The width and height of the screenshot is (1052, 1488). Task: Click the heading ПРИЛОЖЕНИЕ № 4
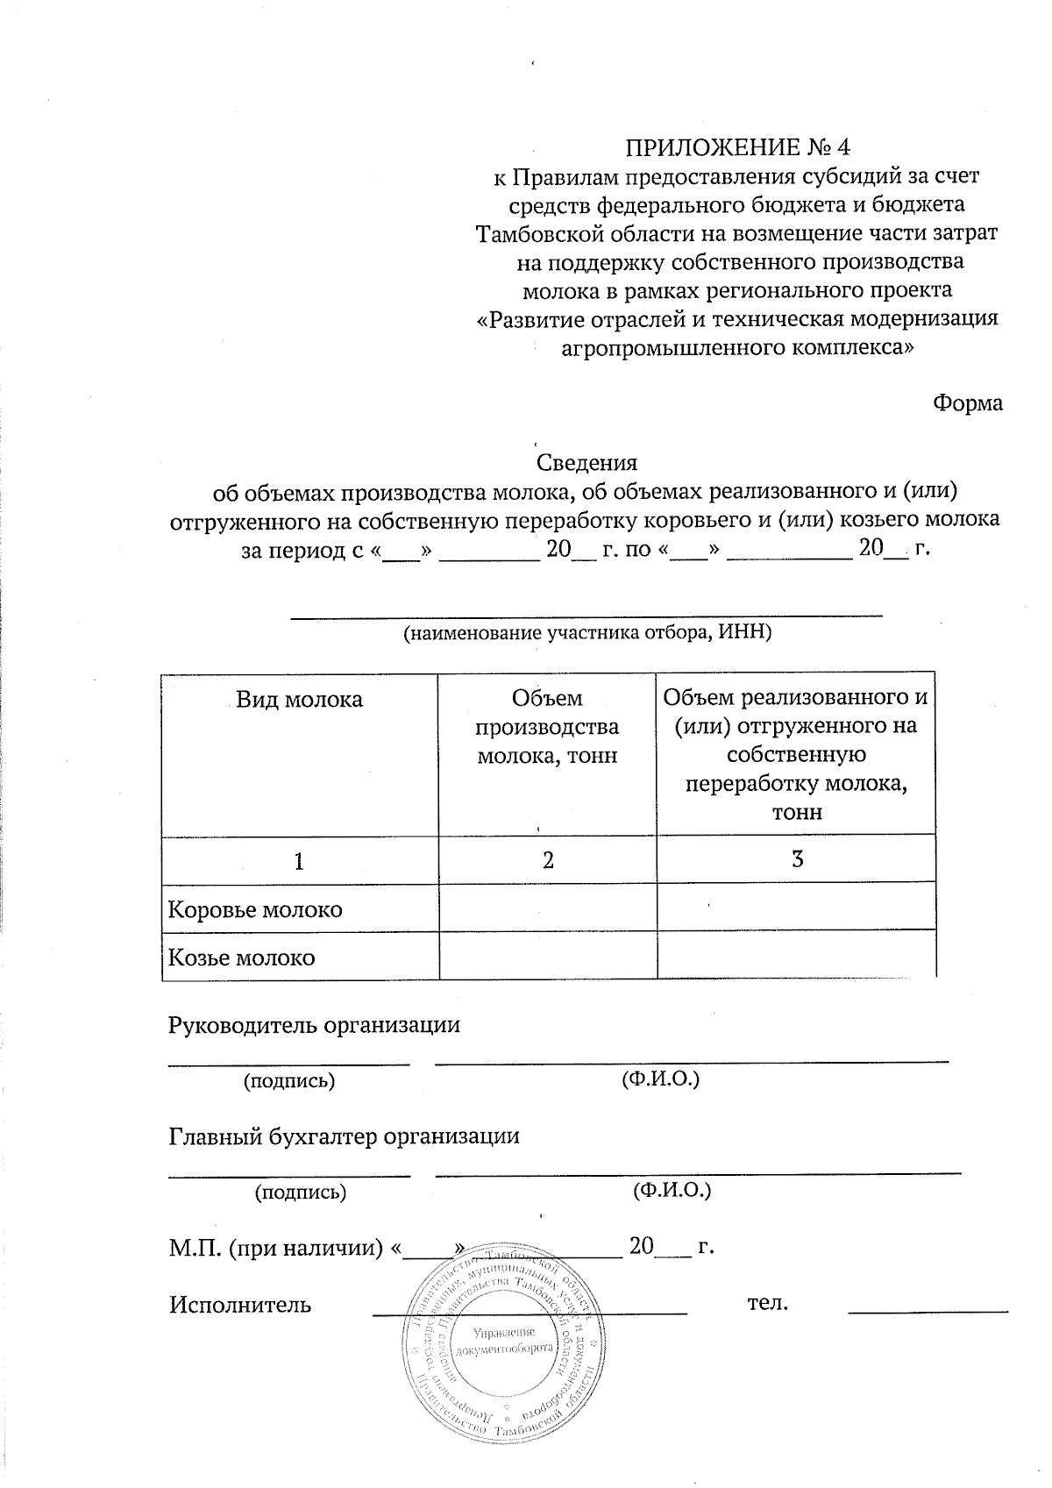pos(737,146)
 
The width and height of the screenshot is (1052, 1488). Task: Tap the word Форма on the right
pos(968,403)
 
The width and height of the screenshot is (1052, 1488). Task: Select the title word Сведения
pos(586,462)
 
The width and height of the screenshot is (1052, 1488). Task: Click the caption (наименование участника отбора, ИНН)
pos(586,633)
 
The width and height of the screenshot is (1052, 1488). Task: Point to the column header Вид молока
pos(300,700)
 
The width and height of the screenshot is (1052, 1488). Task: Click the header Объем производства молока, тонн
pos(547,726)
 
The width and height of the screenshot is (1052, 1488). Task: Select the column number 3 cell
pos(797,859)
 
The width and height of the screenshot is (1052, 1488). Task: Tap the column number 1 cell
pos(300,862)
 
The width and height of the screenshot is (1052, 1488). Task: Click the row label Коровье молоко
pos(255,909)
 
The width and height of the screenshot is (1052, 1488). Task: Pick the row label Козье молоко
pos(242,957)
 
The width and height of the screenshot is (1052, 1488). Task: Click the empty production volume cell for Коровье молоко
pos(547,908)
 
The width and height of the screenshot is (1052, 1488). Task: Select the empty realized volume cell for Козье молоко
pos(796,955)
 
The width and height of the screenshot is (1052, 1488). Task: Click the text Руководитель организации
pos(314,1025)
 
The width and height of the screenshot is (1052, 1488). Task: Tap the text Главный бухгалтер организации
pos(344,1136)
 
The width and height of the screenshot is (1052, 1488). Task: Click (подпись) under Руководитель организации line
pos(289,1080)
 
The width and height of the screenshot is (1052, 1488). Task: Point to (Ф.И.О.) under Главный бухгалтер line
pos(672,1191)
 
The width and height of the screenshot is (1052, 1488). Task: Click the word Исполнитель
pos(240,1304)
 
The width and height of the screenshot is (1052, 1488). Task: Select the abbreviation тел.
pos(768,1303)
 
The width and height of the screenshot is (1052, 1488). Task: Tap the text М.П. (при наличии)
pos(276,1247)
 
